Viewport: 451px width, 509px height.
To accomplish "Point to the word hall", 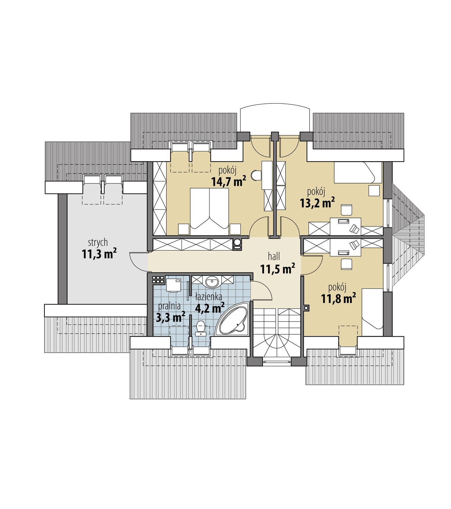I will (274, 256).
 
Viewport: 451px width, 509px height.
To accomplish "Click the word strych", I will (98, 242).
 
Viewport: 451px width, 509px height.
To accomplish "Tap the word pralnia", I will (169, 306).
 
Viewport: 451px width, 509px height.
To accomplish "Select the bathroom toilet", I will (201, 328).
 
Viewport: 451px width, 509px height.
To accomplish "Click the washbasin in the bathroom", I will (212, 281).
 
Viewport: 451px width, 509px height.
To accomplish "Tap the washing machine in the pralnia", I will (173, 285).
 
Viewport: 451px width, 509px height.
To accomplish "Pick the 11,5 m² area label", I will (277, 269).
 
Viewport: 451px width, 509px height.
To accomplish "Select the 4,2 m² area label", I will (210, 308).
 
